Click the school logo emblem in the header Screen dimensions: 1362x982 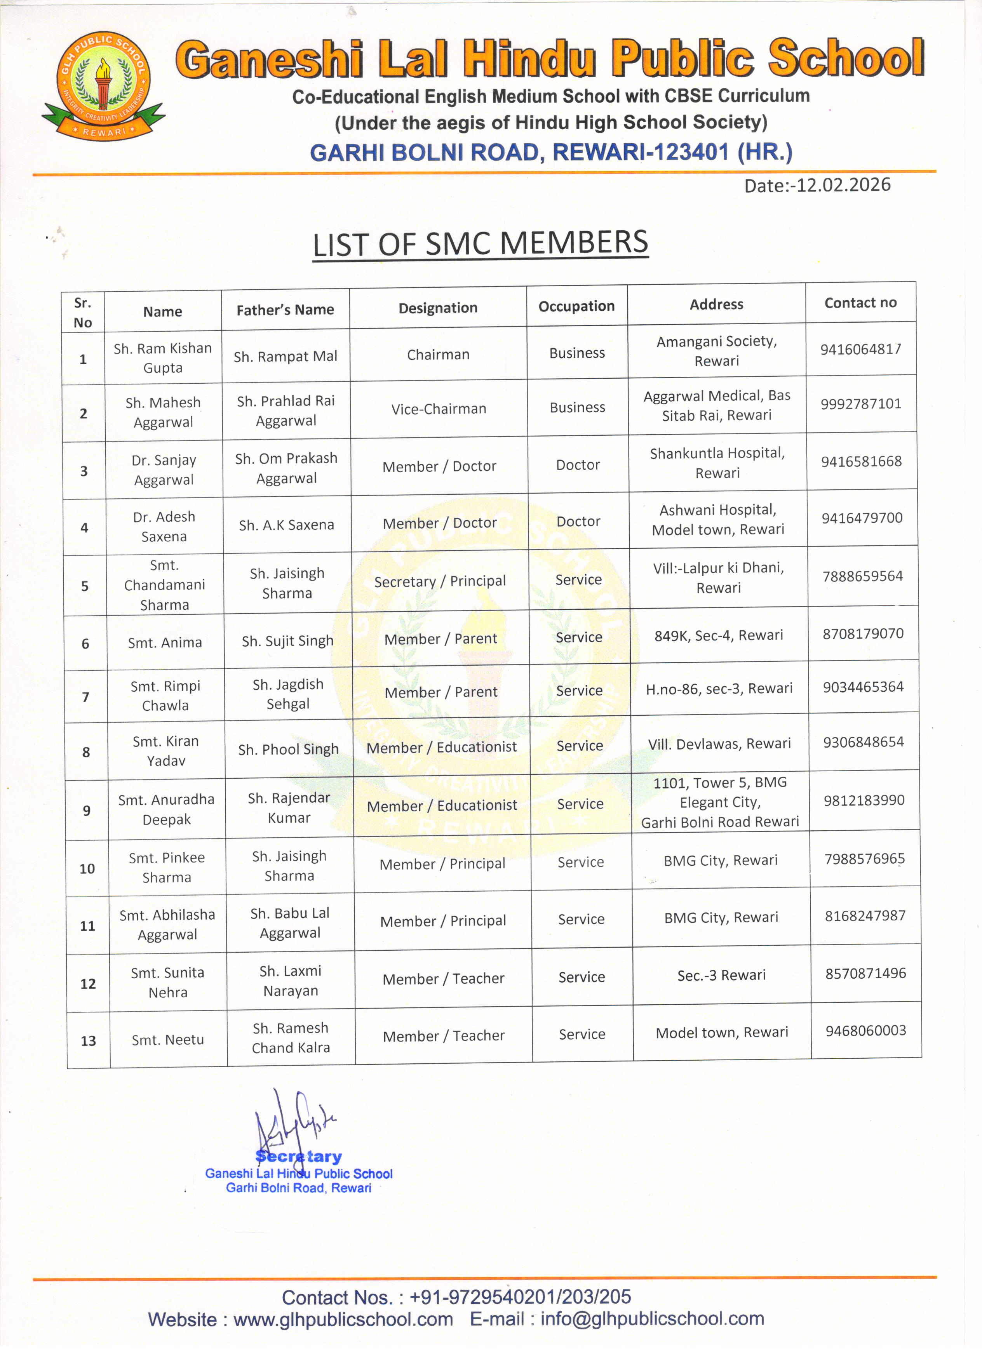tap(103, 85)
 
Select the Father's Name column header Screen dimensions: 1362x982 tap(285, 310)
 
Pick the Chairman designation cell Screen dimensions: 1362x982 tap(438, 354)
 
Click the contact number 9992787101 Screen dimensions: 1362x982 tap(861, 404)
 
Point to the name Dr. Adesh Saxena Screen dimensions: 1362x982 tap(164, 526)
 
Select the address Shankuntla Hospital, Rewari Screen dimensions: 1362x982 tap(717, 463)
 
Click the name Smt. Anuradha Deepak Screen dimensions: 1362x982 tap(166, 809)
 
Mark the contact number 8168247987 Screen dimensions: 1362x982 tap(864, 916)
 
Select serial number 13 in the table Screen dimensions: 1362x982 tap(88, 1041)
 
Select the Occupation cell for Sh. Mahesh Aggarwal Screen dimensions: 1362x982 tap(577, 407)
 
